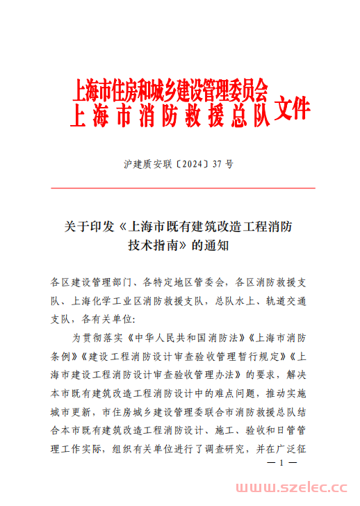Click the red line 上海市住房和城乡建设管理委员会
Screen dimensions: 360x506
[170, 91]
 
